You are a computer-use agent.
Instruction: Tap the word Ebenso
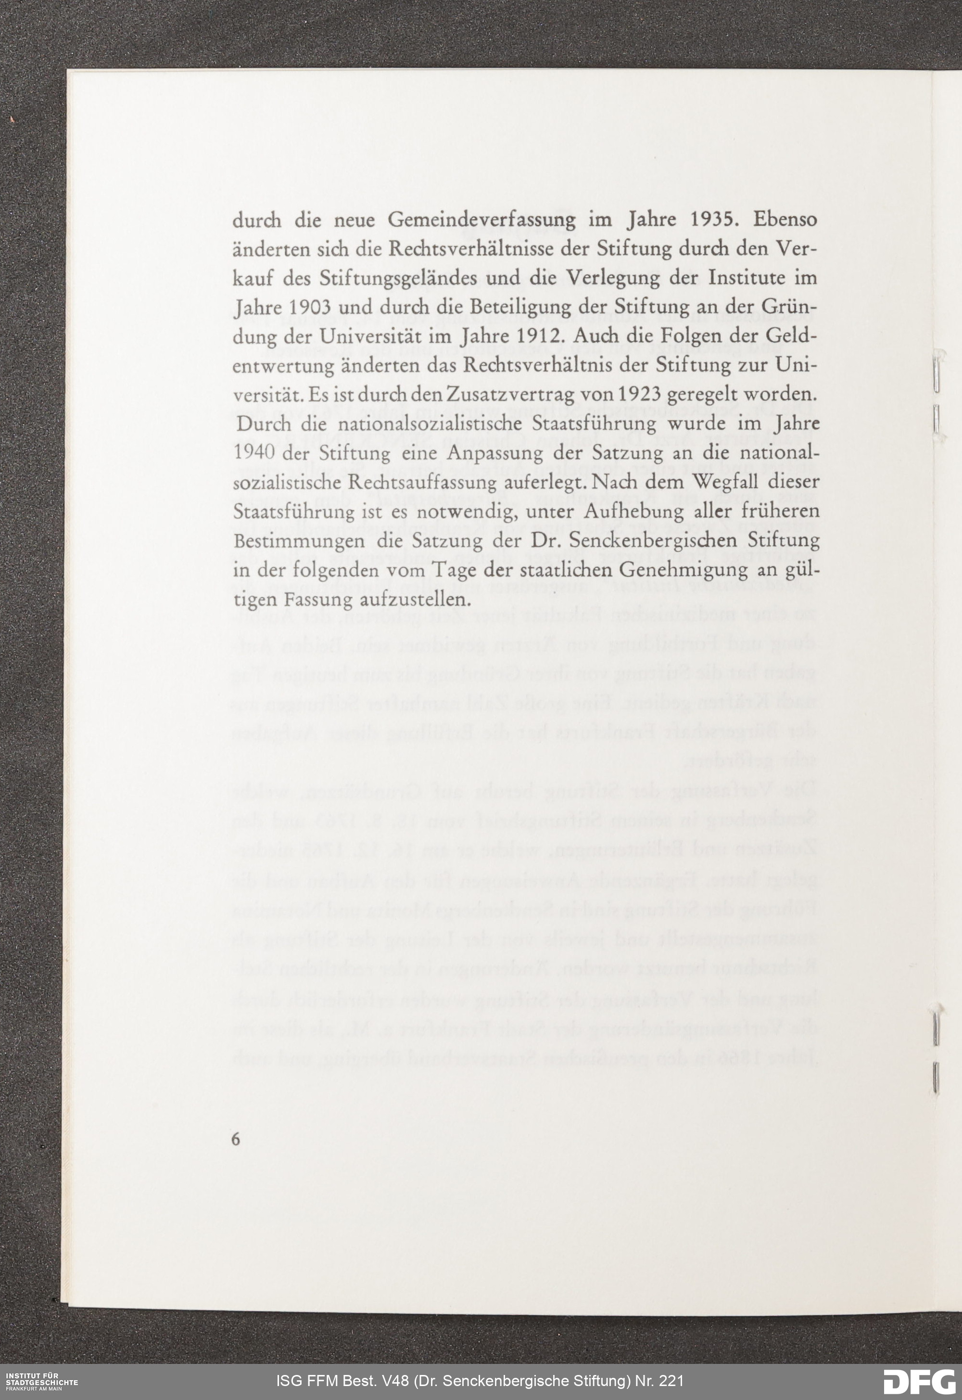[x=785, y=220]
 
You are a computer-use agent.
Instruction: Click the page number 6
[x=236, y=1139]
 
